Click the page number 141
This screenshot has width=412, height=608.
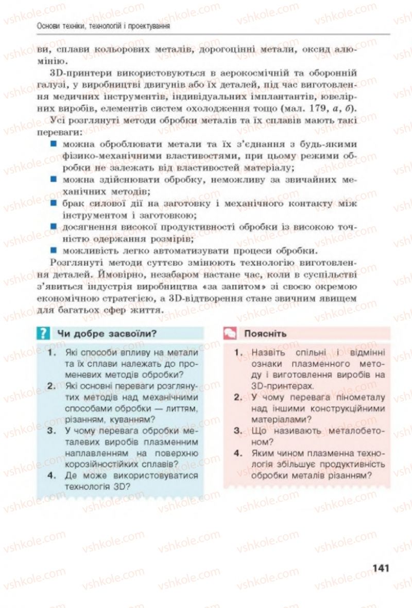[379, 568]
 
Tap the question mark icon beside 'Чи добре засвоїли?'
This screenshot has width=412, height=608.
[44, 333]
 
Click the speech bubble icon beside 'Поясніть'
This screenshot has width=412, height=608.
[230, 333]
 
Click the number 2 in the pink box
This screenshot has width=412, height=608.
[237, 397]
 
